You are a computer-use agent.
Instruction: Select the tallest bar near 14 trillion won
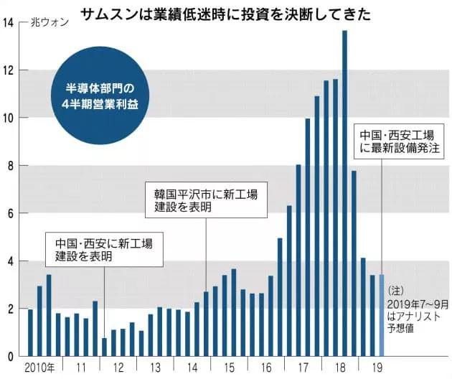tap(344, 194)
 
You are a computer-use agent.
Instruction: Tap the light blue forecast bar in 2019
tap(382, 316)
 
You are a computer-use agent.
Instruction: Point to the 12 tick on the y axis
tap(9, 70)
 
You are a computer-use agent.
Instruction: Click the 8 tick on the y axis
tap(9, 166)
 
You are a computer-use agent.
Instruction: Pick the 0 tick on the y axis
tap(9, 356)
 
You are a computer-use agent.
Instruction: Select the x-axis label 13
tap(156, 369)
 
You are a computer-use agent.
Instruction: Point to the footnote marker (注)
tap(396, 291)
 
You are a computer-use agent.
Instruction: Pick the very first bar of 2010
tap(30, 332)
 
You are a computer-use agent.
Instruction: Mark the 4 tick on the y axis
tap(9, 261)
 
